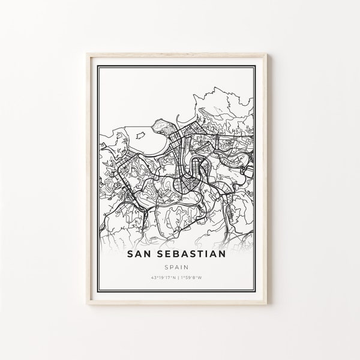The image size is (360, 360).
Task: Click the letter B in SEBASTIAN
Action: click(x=185, y=238)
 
